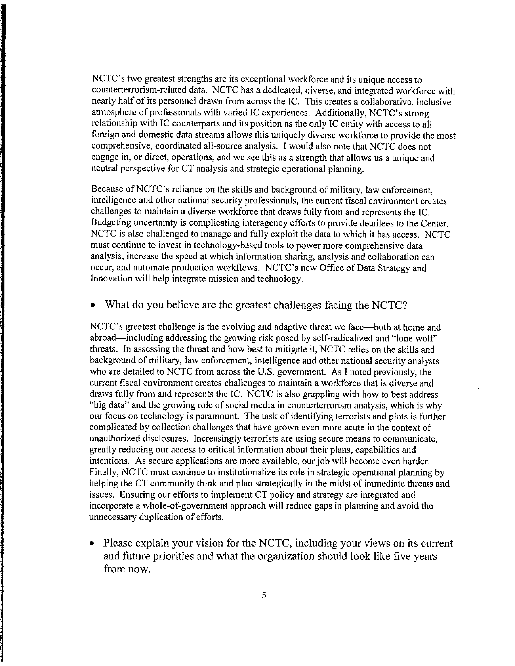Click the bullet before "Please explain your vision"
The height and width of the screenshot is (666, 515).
(x=92, y=544)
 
